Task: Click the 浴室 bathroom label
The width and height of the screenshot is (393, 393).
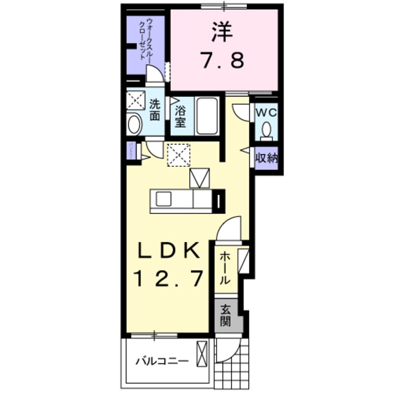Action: click(181, 117)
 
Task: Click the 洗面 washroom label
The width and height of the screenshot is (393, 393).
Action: click(155, 112)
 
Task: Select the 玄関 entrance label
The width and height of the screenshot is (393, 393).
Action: click(226, 315)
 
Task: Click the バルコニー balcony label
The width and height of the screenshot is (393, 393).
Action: click(162, 361)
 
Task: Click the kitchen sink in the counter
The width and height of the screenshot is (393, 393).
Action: click(164, 200)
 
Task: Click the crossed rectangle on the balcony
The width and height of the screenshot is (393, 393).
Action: click(203, 354)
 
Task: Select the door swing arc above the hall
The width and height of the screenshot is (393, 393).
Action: click(231, 230)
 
